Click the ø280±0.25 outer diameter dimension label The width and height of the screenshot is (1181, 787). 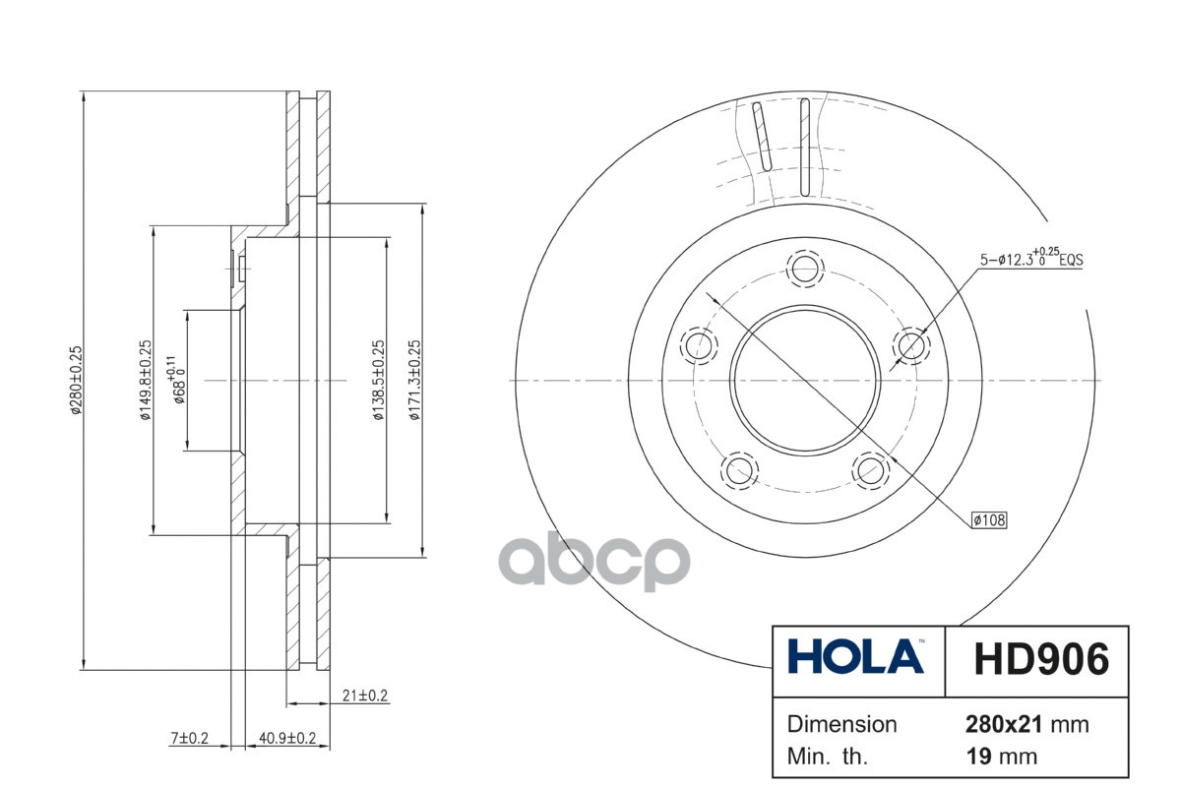[77, 380]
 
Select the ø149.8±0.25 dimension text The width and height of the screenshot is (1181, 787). [145, 380]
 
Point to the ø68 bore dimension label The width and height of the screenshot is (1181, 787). [176, 380]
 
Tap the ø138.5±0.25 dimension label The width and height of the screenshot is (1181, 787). [379, 380]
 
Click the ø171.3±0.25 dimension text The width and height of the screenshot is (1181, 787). [415, 380]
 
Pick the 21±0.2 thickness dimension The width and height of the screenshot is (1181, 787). [365, 696]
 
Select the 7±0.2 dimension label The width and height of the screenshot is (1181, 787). [189, 738]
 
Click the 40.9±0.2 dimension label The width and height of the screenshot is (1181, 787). [287, 738]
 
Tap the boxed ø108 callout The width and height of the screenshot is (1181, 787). [990, 520]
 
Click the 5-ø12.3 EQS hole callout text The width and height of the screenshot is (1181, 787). [1031, 258]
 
